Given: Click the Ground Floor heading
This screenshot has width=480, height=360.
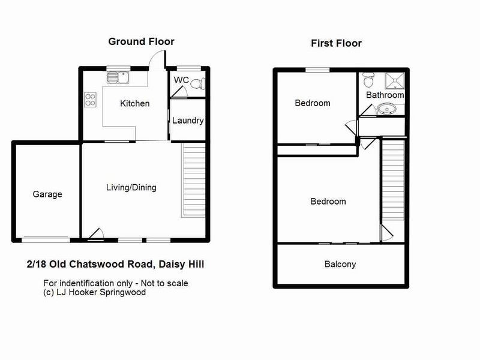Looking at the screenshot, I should click(141, 41).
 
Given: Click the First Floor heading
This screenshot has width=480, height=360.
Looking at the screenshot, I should click(336, 43).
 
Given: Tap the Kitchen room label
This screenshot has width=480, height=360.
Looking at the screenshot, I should click(135, 103).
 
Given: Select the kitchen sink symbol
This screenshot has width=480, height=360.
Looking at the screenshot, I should click(117, 77).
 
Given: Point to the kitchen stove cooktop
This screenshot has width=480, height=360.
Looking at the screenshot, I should click(91, 99).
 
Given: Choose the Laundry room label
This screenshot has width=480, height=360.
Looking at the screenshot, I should click(188, 121).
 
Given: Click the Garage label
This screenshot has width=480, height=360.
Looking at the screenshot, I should click(47, 194).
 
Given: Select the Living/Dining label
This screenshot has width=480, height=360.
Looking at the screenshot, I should click(131, 187).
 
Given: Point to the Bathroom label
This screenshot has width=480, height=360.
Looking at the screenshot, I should click(385, 95).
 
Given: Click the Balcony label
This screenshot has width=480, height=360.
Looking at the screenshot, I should click(340, 264).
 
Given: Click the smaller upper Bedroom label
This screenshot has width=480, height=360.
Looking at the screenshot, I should click(313, 103).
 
